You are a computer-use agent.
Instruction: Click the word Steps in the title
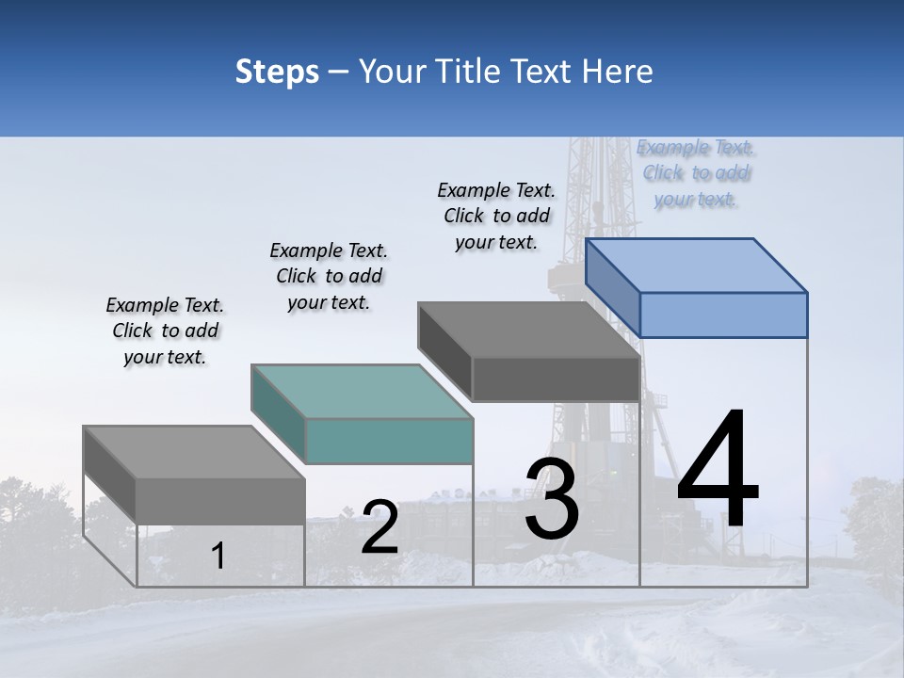click(x=277, y=72)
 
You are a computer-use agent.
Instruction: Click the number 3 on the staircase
click(x=552, y=499)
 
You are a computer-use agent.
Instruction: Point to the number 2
click(x=380, y=527)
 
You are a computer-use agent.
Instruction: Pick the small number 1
click(x=218, y=556)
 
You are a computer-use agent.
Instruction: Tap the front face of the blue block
click(x=723, y=315)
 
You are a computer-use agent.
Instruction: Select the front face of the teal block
click(x=388, y=441)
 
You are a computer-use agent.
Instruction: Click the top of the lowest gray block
click(x=194, y=453)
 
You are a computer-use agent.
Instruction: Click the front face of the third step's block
click(x=556, y=379)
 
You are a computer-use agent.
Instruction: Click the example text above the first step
click(x=165, y=331)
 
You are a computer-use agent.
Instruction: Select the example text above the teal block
click(x=329, y=276)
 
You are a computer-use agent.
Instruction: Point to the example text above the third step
click(x=496, y=216)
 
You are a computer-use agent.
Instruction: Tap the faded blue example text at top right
click(x=696, y=172)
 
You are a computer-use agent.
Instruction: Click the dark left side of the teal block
click(x=278, y=414)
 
